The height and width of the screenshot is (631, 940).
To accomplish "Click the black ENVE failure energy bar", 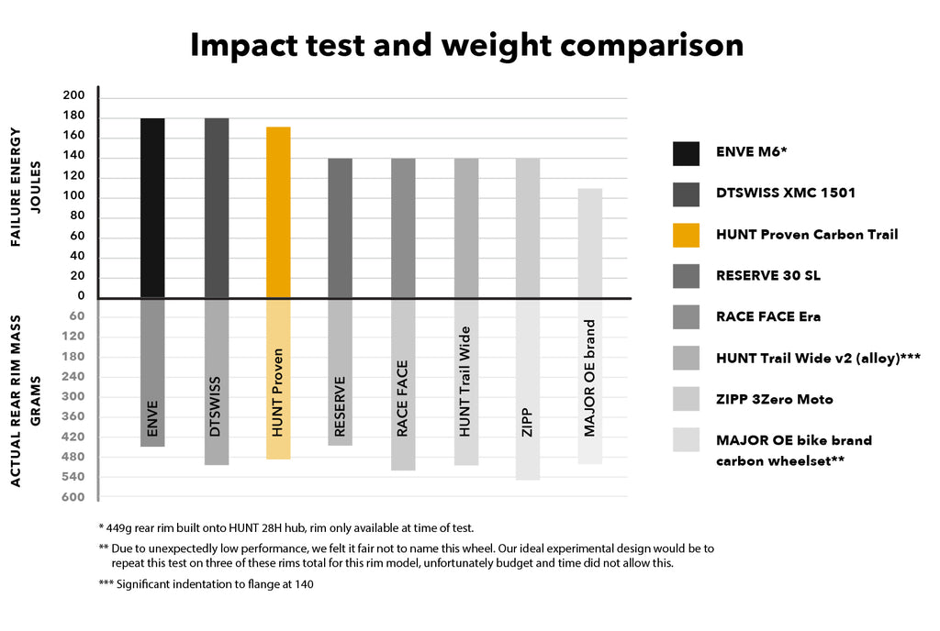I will click(x=152, y=207).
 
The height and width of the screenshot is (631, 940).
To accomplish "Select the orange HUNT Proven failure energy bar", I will click(x=278, y=212).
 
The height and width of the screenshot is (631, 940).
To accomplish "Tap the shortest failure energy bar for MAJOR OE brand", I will click(x=589, y=243).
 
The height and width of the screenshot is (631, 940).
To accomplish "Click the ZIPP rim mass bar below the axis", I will click(x=527, y=389).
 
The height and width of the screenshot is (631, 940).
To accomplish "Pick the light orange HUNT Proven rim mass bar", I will click(x=278, y=378).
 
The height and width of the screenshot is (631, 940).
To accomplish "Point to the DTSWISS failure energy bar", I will click(x=217, y=207).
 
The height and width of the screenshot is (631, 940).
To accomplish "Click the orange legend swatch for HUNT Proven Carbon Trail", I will click(x=685, y=234).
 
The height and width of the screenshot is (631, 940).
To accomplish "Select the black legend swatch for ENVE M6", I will click(x=685, y=152).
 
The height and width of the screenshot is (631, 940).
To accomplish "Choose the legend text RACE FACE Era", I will click(x=768, y=316).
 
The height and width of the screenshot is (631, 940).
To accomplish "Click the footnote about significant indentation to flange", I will click(x=206, y=584).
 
